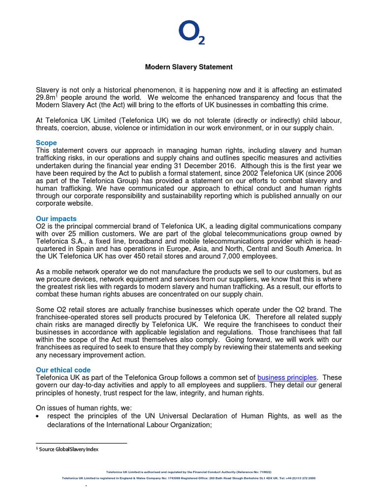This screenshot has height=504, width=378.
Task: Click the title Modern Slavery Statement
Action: [x=189, y=67]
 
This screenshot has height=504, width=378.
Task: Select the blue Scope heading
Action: [x=46, y=143]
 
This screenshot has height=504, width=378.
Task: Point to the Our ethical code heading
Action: [x=63, y=370]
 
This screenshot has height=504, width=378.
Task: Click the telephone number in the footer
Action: [x=300, y=478]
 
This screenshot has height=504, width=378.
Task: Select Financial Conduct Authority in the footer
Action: [x=213, y=472]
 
